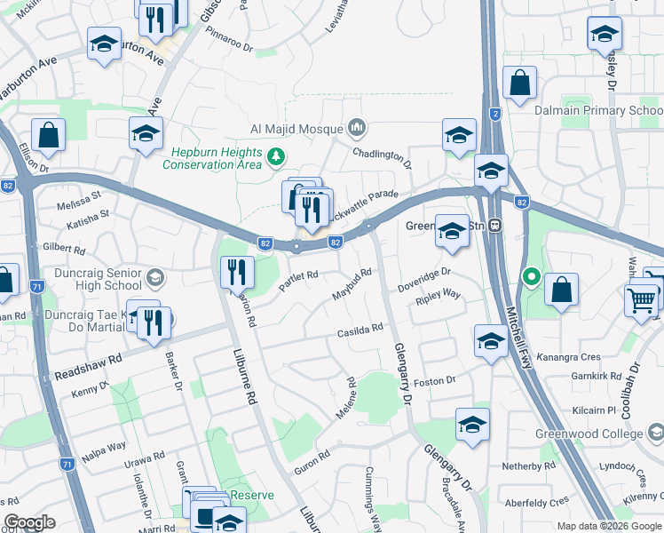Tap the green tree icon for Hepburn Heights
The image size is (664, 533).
[276, 157]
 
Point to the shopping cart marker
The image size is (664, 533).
[642, 298]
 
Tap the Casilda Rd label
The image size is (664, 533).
[360, 330]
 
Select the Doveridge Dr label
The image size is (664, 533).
[424, 278]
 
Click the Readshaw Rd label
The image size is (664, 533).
[87, 367]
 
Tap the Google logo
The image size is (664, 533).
[29, 522]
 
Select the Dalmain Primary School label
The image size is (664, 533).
[598, 111]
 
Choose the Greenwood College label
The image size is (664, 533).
[600, 434]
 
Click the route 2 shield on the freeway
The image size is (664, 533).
[494, 115]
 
